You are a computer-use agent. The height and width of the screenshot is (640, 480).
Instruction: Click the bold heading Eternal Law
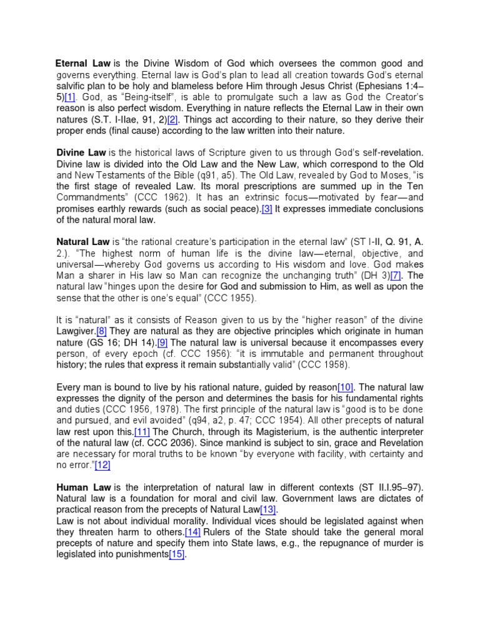point(83,64)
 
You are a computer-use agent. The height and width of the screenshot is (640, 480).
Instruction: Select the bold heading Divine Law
point(81,152)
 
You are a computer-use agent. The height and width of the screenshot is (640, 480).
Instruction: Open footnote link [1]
point(69,97)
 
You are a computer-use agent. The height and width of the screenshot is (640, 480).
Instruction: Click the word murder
point(398,542)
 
